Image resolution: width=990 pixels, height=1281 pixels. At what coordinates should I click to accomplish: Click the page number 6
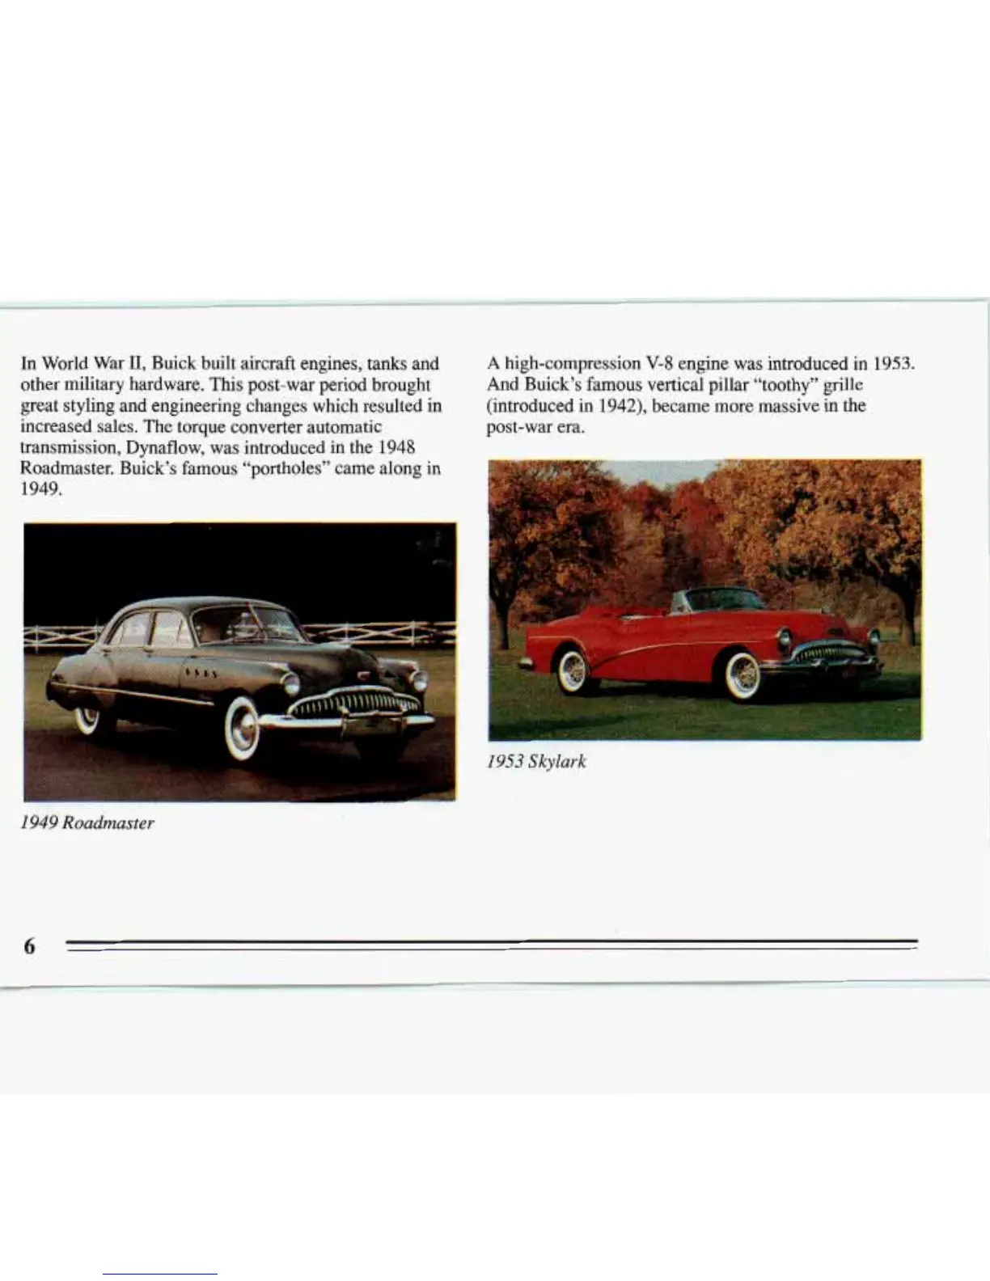coord(29,945)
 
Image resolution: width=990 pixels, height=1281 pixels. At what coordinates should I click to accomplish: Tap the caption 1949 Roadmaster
coord(87,823)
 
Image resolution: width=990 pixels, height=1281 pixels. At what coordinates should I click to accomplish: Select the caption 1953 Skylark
coord(536,762)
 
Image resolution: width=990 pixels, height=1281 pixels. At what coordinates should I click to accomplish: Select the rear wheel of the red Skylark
coord(572,670)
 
